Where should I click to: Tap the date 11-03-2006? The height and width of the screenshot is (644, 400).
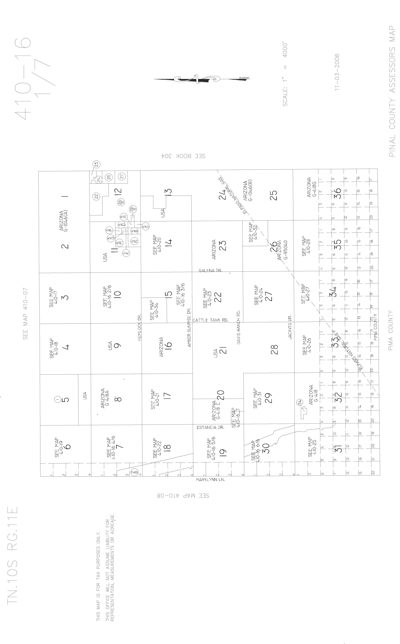pos(337,72)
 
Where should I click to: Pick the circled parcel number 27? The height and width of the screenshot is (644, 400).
pos(122,177)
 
